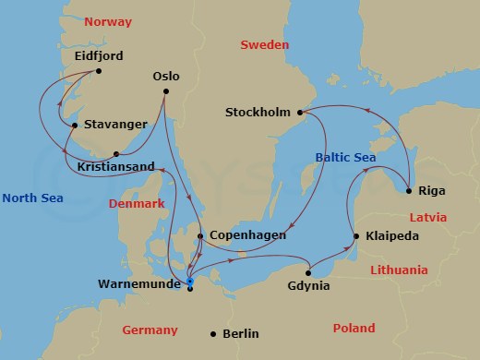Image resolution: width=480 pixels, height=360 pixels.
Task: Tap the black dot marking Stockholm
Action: [298, 113]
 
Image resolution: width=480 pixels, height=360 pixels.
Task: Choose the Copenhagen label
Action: [247, 236]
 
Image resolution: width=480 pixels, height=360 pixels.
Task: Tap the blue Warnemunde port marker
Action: [189, 282]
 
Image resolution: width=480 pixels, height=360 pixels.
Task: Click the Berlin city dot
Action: [213, 333]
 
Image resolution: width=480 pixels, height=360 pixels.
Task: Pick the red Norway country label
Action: [107, 21]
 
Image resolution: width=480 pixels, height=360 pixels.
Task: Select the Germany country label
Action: [150, 330]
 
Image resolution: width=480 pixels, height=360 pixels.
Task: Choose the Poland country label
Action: [354, 328]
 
